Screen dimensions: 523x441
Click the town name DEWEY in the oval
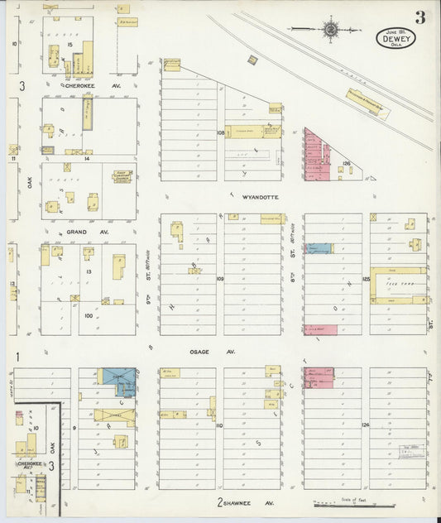coord(395,36)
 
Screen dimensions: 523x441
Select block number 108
coord(221,132)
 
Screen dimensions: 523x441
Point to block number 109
coord(220,279)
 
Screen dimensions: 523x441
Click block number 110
coord(219,425)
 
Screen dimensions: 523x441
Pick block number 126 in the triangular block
coord(348,165)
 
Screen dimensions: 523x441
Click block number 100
coord(89,315)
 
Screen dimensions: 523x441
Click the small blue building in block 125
coord(319,247)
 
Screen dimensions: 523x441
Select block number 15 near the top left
coord(72,43)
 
